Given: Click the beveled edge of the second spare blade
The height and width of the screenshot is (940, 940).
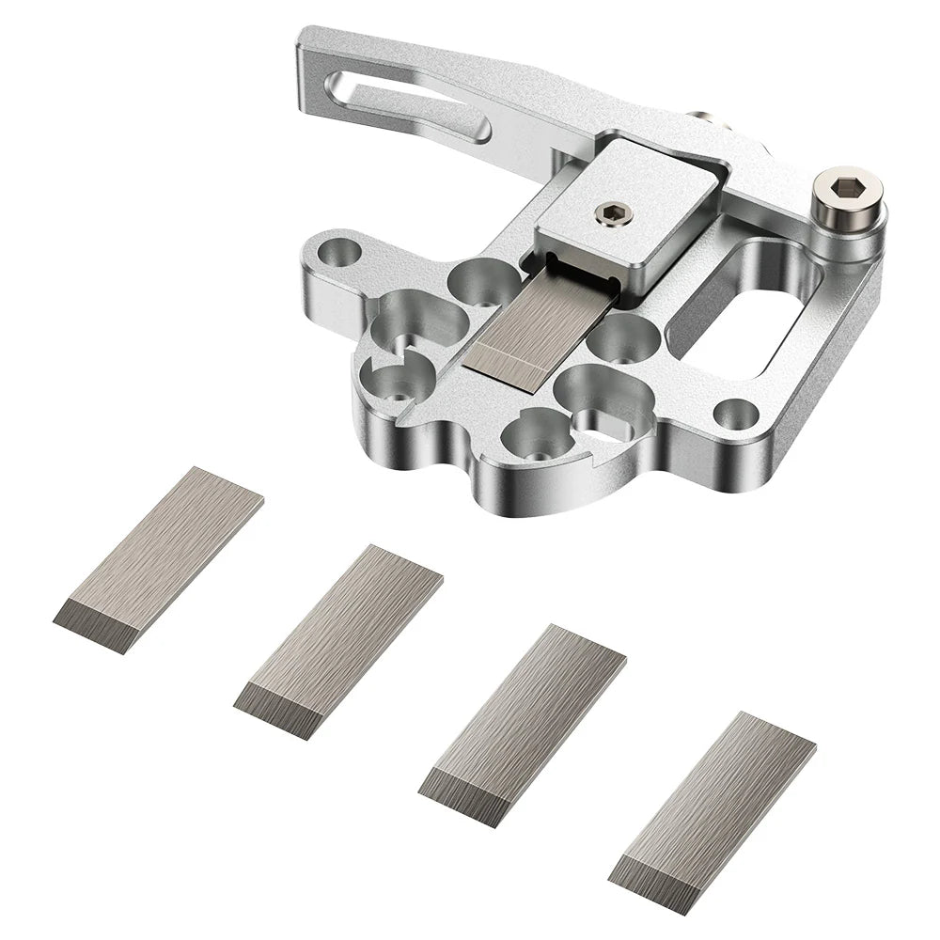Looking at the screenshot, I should click(x=277, y=708).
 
